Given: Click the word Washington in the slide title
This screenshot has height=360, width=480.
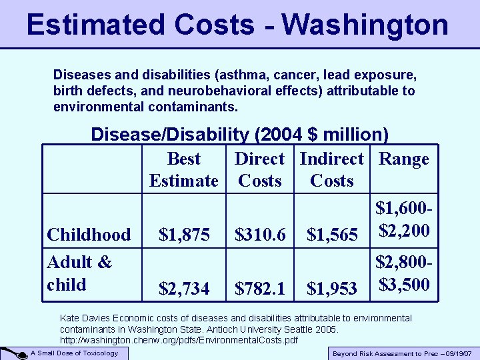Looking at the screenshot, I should (365, 25).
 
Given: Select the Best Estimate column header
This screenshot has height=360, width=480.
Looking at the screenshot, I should (183, 169).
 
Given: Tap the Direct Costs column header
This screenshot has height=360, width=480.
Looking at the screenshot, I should (259, 169).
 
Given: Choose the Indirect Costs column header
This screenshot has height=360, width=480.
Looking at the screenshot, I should (331, 169).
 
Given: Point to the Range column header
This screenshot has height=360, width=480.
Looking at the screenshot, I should (403, 159).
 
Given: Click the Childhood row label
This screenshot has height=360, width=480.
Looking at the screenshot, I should (89, 235).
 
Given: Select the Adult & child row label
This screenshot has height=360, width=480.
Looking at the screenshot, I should (79, 273).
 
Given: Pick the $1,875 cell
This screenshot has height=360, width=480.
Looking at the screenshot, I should (183, 235).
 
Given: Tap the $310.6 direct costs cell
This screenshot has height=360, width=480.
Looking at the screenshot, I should (259, 235).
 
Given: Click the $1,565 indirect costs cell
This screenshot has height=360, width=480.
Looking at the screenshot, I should (331, 235).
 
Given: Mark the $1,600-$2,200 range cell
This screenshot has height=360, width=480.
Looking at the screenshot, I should (403, 220).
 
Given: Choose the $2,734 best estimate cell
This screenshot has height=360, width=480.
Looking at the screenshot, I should (183, 288).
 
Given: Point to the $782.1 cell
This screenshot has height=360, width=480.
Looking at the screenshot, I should (259, 288).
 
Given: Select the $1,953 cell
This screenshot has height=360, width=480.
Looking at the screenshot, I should (331, 288).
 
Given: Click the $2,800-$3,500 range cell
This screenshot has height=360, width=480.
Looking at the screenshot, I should (403, 273).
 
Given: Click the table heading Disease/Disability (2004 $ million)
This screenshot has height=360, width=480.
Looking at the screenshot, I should (239, 135).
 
